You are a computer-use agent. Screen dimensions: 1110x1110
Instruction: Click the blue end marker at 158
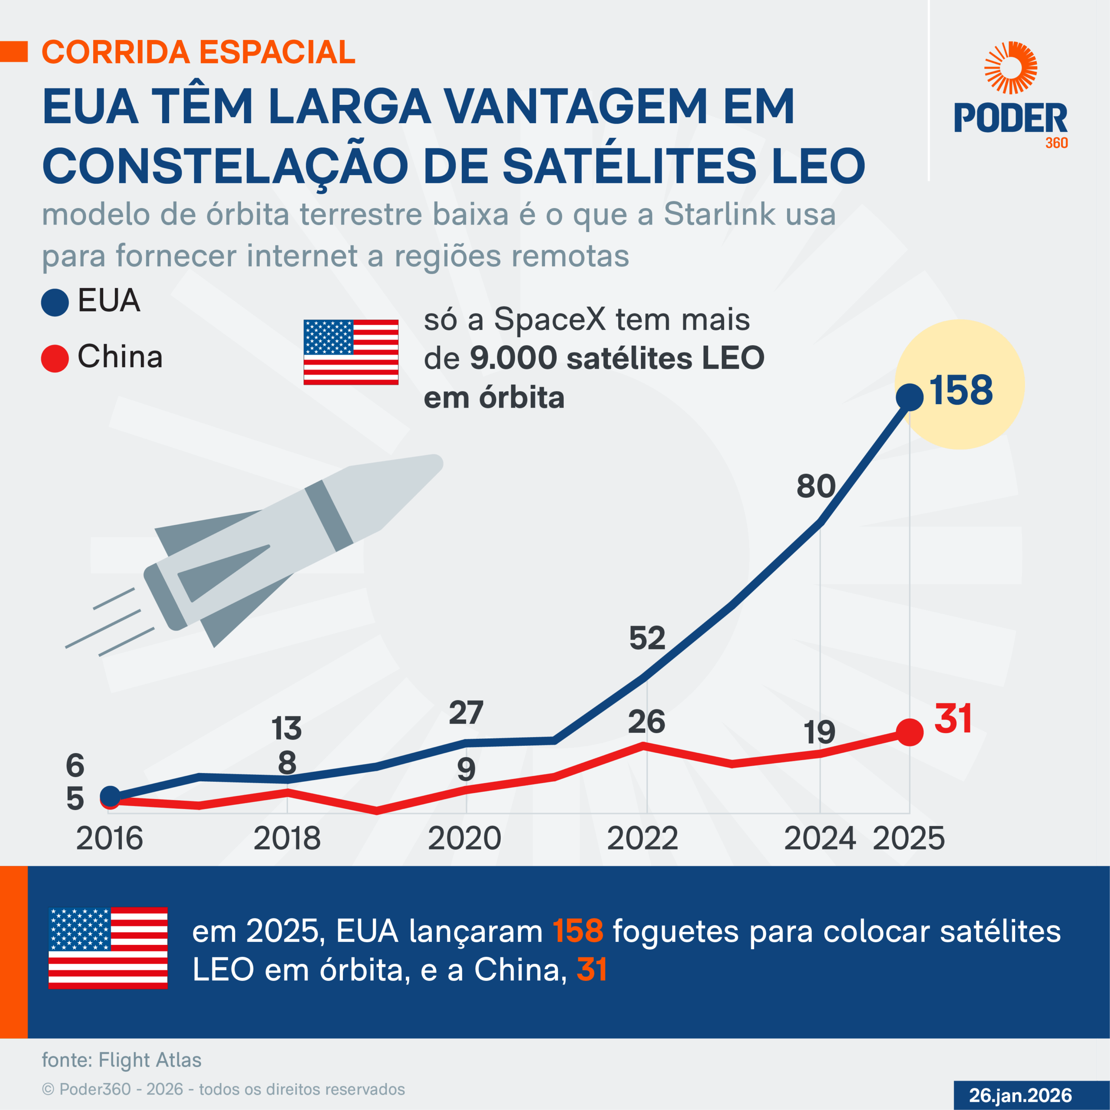(x=910, y=397)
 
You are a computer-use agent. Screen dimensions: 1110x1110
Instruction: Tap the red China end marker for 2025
(x=910, y=732)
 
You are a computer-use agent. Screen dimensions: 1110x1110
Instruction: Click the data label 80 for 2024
(x=816, y=486)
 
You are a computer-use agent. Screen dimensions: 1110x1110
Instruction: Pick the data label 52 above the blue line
(x=647, y=638)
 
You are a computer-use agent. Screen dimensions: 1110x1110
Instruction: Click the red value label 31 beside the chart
(x=953, y=719)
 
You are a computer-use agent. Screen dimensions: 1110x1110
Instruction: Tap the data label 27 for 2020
(x=466, y=713)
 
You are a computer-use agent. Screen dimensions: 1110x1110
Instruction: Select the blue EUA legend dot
(x=55, y=302)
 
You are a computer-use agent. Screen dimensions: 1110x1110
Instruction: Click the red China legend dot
(x=55, y=359)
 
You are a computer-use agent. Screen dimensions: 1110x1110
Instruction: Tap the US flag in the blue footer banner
(x=108, y=947)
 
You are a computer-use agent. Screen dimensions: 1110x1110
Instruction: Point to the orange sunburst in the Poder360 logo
(x=1011, y=68)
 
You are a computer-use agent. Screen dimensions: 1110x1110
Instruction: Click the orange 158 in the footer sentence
(x=578, y=931)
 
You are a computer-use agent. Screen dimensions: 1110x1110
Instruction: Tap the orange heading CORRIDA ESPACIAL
(x=198, y=52)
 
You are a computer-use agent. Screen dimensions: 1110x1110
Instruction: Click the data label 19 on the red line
(x=819, y=732)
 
